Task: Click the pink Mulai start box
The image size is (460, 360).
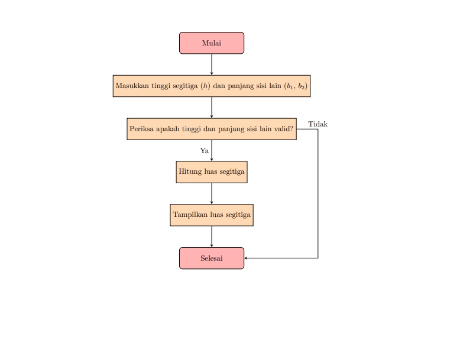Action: pos(211,43)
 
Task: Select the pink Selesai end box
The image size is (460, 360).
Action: pos(211,258)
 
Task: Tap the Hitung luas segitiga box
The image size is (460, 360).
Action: pos(211,172)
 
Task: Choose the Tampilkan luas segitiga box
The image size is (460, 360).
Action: pos(211,215)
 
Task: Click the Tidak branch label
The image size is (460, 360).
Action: pos(318,124)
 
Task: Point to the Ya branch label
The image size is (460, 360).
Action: pos(205,151)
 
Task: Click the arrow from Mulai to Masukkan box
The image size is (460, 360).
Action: pos(212,64)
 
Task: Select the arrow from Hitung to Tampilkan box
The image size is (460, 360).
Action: pos(212,193)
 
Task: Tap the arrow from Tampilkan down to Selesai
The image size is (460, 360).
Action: pos(212,236)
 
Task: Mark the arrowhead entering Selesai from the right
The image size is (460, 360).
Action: pos(247,258)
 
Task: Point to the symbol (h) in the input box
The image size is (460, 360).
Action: pos(206,86)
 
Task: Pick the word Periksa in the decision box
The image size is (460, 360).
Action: pos(141,129)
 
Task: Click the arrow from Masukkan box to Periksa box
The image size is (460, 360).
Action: pos(212,107)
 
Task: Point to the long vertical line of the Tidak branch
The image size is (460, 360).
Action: pos(318,195)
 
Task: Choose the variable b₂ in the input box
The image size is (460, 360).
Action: pos(301,86)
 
